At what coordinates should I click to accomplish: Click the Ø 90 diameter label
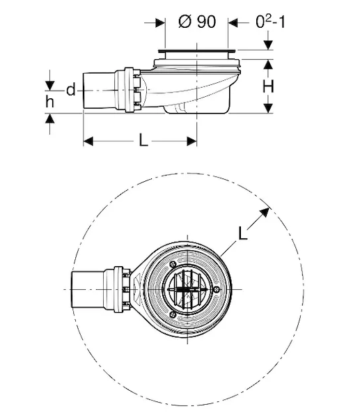197,22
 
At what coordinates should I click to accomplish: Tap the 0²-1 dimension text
270,22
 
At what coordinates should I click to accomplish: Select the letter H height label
268,86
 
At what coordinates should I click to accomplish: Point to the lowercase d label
71,90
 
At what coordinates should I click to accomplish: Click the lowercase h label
50,102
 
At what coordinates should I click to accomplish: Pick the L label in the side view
143,141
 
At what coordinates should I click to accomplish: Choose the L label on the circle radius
242,233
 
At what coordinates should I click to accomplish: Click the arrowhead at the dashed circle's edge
265,212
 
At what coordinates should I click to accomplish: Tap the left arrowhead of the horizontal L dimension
88,141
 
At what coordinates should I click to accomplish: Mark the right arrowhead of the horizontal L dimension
192,141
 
